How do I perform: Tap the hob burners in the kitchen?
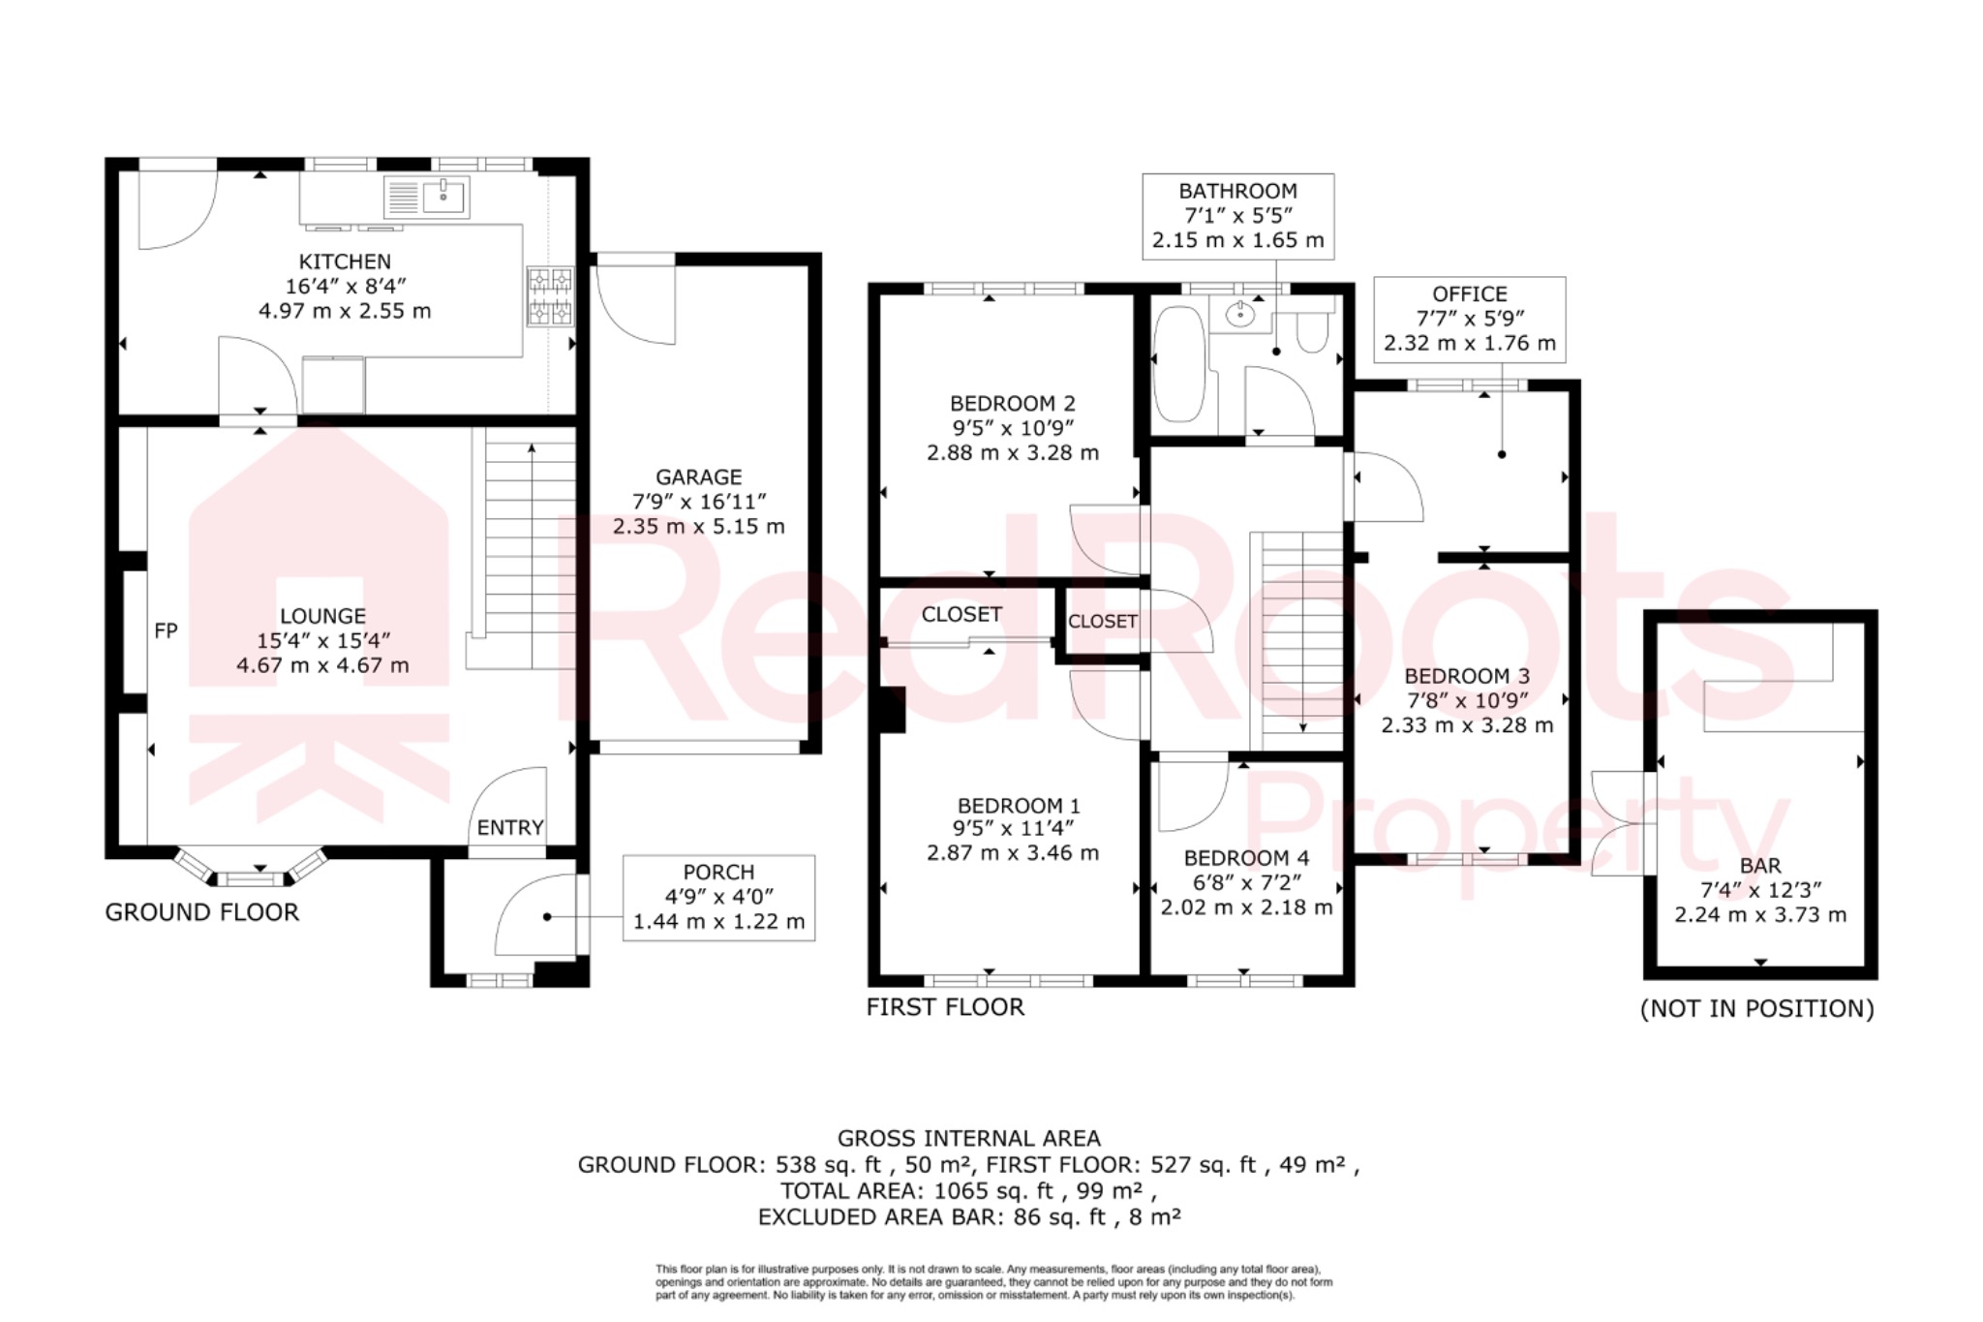click(x=550, y=296)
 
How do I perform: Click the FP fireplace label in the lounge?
click(x=166, y=631)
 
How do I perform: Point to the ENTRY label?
click(x=510, y=828)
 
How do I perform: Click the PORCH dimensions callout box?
click(x=718, y=898)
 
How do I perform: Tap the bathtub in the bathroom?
click(x=1178, y=364)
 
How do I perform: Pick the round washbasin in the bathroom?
click(x=1239, y=314)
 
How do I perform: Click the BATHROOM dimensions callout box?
click(x=1237, y=216)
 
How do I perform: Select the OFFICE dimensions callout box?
click(x=1469, y=319)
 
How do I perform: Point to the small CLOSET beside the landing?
click(x=1102, y=622)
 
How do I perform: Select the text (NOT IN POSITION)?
click(x=1756, y=1009)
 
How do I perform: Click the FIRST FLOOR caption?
click(x=945, y=1007)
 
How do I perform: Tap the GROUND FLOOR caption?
click(x=202, y=912)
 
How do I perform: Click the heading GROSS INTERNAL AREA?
click(x=968, y=1139)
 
